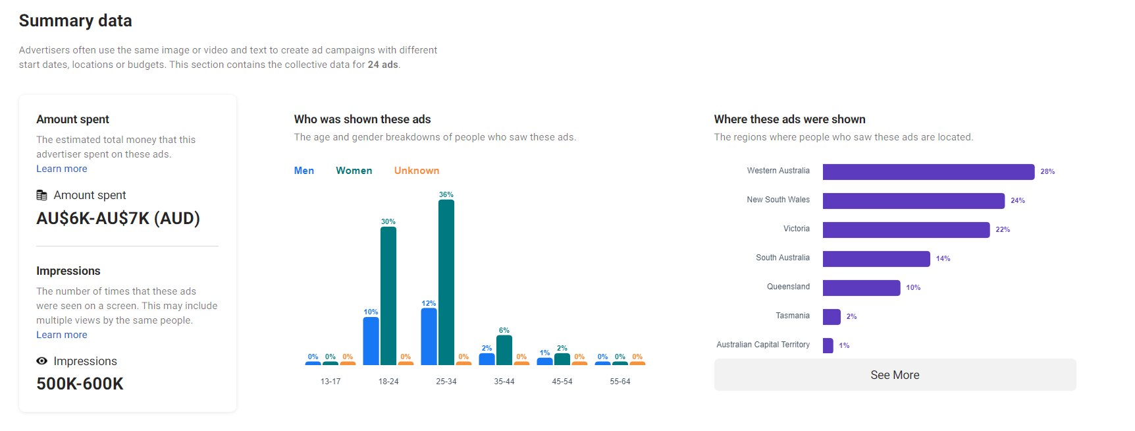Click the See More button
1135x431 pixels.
pos(895,375)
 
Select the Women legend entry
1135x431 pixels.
pos(354,171)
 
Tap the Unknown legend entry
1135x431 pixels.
pos(416,171)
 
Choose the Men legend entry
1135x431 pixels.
pos(304,171)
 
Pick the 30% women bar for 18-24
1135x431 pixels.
pos(388,296)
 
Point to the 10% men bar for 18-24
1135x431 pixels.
pos(371,341)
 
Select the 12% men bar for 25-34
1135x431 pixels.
pos(429,337)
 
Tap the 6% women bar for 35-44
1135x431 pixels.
pos(504,351)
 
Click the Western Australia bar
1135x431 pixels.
pos(928,172)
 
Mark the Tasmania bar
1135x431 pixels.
pos(831,317)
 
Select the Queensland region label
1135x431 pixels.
pos(788,287)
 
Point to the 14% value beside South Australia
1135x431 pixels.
pos(943,259)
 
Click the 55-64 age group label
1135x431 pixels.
pos(620,382)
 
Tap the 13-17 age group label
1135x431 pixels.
pos(330,382)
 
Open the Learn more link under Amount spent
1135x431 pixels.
pos(62,169)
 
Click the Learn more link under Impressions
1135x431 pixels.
pos(62,335)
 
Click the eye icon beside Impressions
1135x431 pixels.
pos(42,361)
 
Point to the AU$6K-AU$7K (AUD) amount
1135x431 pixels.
pos(118,219)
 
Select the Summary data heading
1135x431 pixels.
pos(76,21)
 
